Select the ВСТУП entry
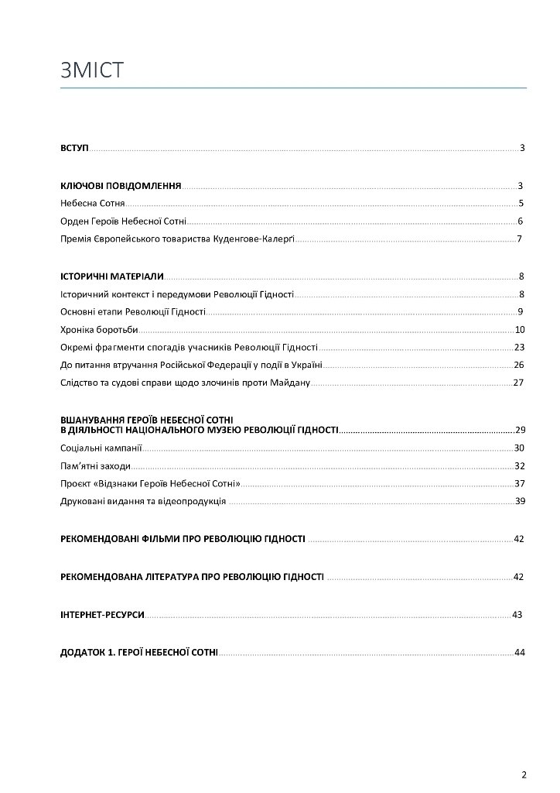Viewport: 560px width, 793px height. point(74,147)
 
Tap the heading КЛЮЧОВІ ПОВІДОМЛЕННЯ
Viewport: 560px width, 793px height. point(121,186)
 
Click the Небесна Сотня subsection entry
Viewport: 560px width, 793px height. point(92,204)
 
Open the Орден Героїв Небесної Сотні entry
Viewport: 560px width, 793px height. point(122,221)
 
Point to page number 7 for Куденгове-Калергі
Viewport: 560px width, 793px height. point(521,239)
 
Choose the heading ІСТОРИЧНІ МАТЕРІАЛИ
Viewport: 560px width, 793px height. point(111,276)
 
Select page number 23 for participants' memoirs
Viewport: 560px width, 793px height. point(519,347)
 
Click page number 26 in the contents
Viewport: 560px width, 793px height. point(519,365)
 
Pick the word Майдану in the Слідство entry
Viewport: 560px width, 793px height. point(289,383)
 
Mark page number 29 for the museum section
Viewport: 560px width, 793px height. point(520,430)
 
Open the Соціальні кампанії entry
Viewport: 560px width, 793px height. point(101,448)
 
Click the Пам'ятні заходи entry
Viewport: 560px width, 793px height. point(95,466)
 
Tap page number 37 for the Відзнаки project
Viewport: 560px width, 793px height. point(520,484)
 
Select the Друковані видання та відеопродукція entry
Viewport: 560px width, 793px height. point(143,502)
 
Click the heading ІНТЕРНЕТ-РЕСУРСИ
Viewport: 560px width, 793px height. point(102,615)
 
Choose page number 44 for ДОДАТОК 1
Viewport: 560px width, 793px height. point(519,653)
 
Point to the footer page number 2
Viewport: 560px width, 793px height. point(524,774)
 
